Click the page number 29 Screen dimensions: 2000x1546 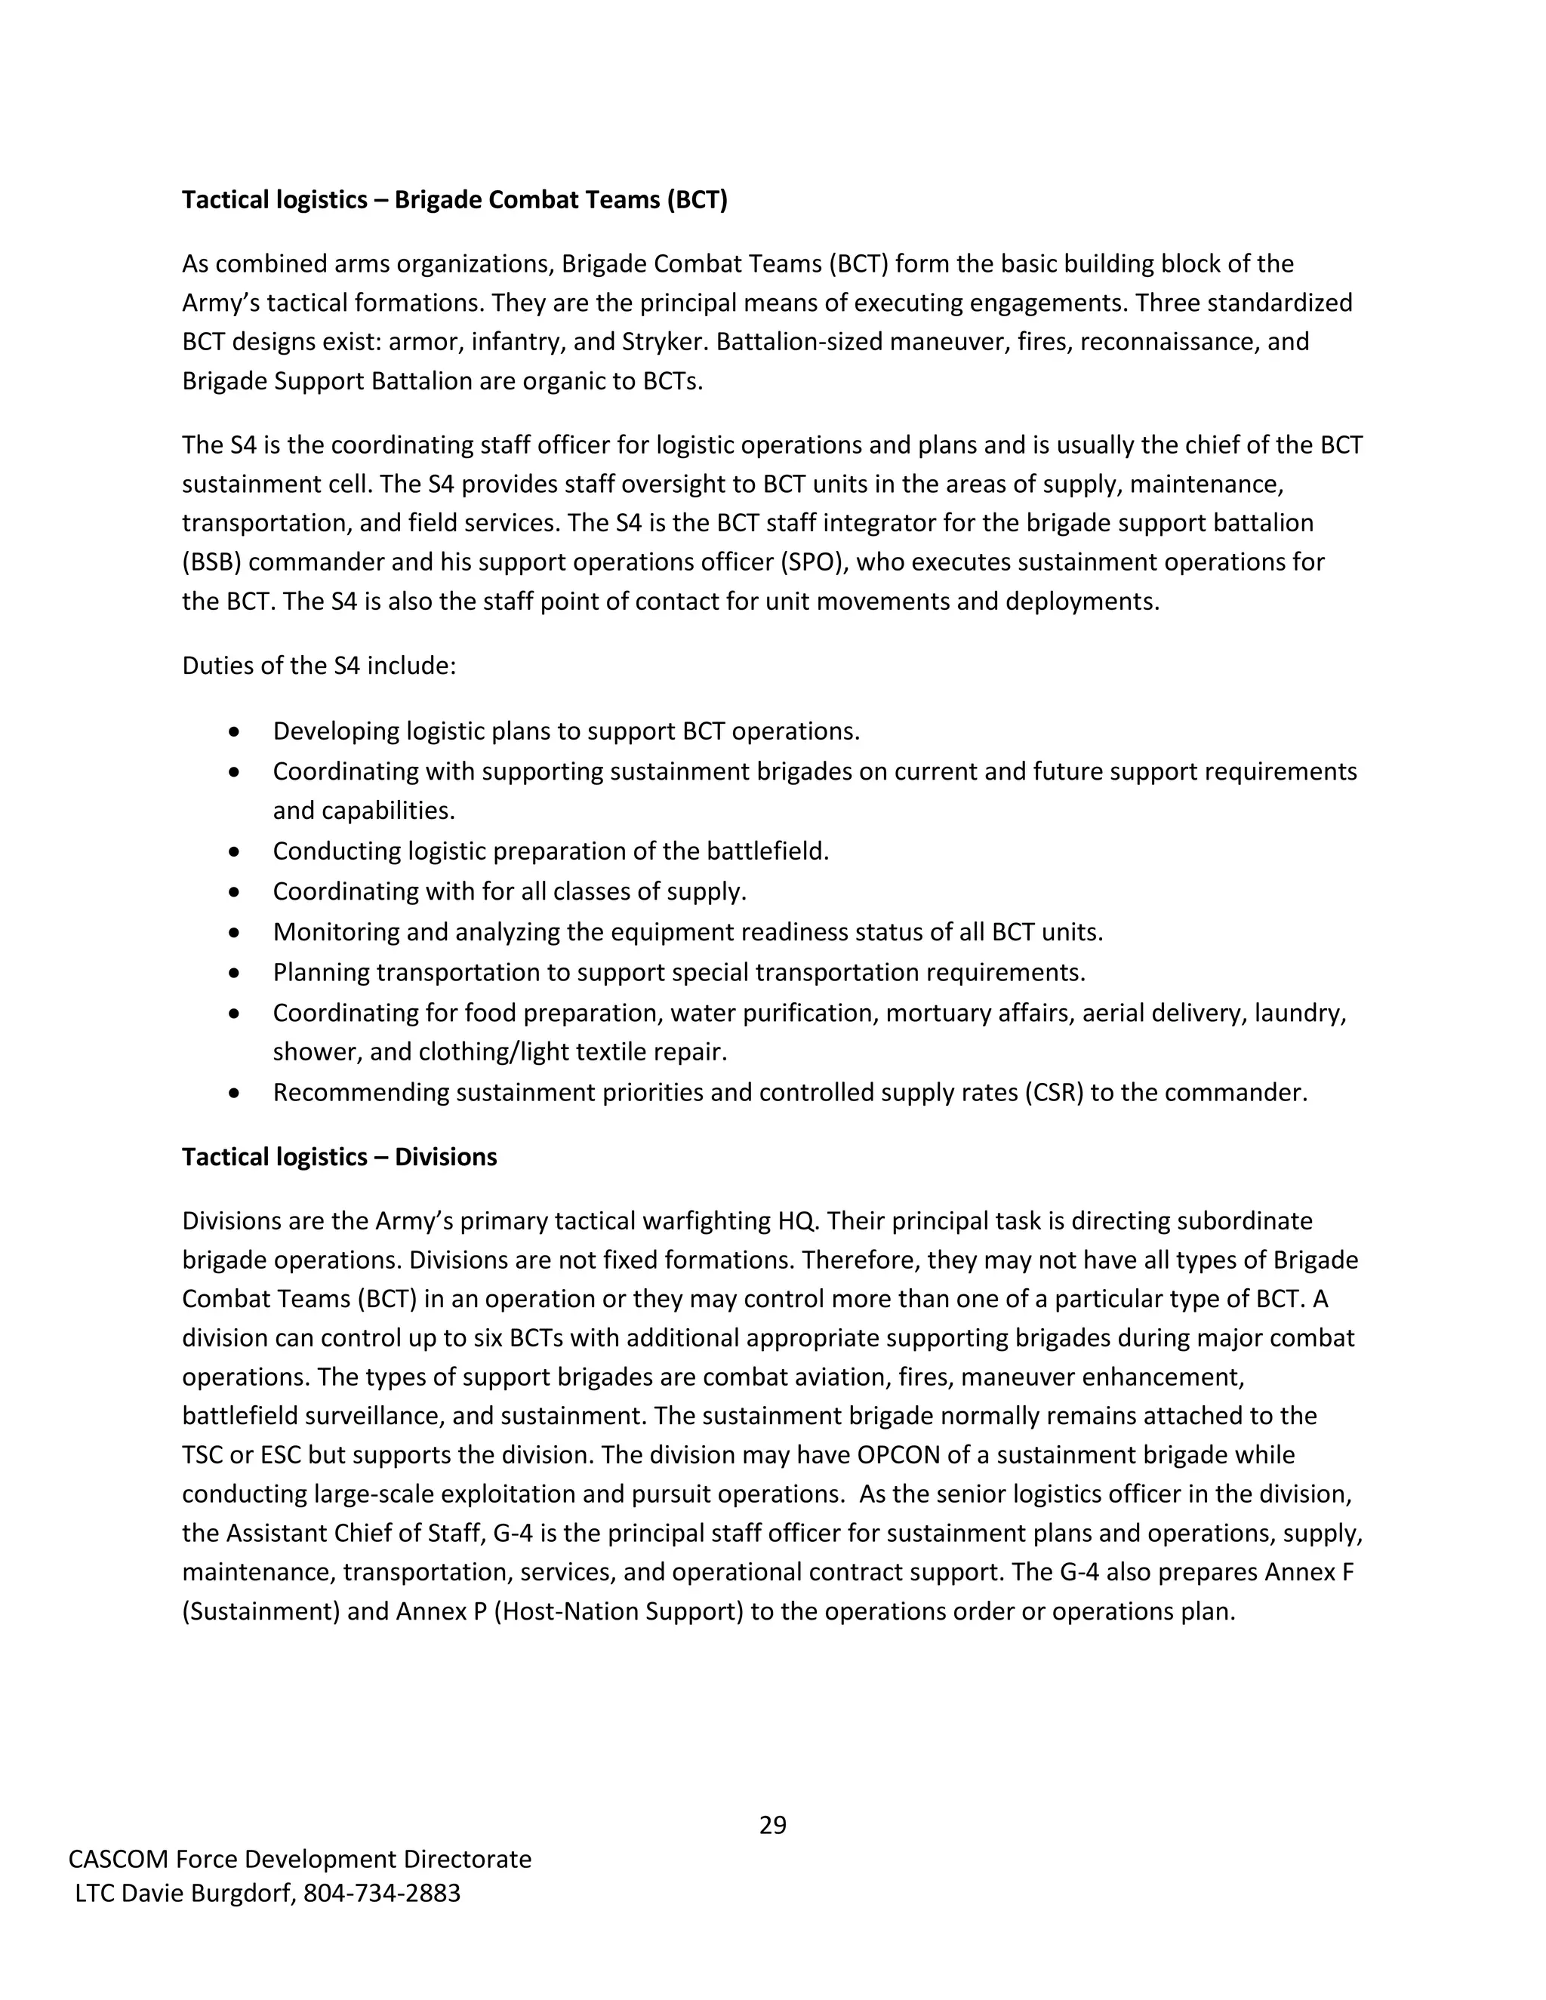click(x=772, y=1825)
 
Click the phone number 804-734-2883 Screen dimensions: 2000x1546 click(x=382, y=1893)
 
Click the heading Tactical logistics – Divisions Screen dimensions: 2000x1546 click(x=339, y=1156)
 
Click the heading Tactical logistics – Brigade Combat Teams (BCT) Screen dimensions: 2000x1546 click(x=454, y=200)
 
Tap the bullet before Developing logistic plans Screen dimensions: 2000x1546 click(x=236, y=731)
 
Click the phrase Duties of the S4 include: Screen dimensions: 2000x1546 click(x=319, y=665)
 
